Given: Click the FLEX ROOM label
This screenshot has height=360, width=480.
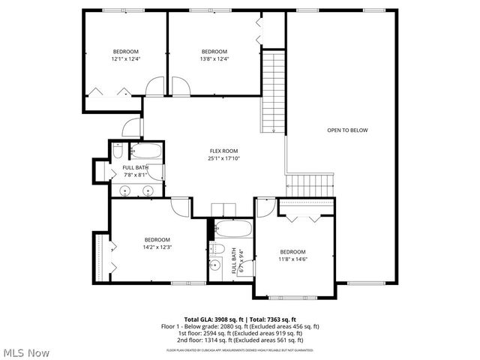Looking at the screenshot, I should click(x=224, y=151).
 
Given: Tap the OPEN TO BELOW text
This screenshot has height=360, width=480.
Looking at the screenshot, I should click(x=347, y=130).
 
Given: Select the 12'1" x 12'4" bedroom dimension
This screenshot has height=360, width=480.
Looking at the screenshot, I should click(x=126, y=58).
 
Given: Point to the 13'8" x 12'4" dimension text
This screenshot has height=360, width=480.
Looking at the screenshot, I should click(x=214, y=58).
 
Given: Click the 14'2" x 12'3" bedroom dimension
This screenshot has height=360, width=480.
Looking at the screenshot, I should click(x=157, y=247).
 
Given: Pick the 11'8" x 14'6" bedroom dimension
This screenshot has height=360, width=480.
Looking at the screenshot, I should click(x=292, y=259).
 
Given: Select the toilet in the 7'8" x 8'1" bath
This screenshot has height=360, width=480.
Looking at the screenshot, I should click(x=118, y=152).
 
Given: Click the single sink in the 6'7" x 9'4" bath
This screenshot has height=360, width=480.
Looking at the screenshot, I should click(x=214, y=265).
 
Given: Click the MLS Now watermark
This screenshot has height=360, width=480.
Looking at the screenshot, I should click(x=26, y=352).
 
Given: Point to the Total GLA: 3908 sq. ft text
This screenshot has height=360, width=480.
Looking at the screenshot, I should click(x=212, y=319).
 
